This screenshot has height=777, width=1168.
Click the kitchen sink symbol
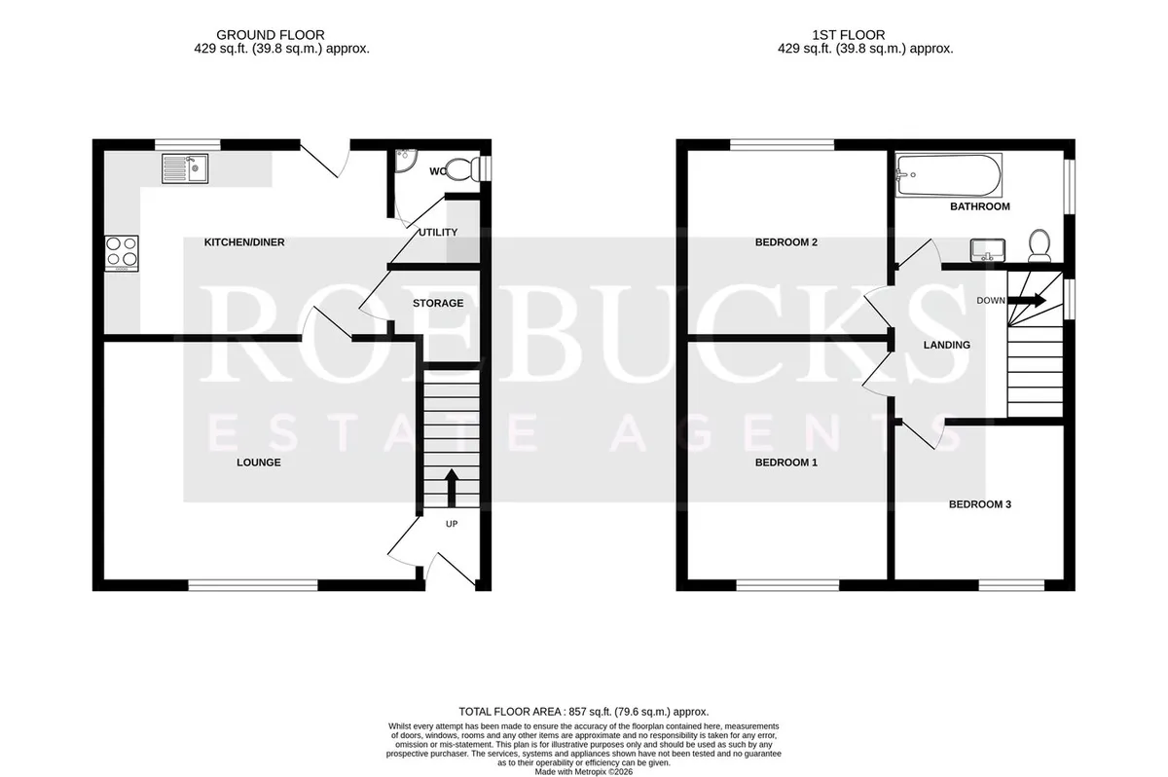pyautogui.click(x=185, y=168)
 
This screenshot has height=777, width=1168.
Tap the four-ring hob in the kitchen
pyautogui.click(x=122, y=253)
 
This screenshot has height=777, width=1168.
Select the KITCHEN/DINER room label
pyautogui.click(x=244, y=242)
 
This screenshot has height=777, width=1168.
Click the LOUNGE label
pyautogui.click(x=259, y=462)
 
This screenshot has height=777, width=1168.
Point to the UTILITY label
pyautogui.click(x=438, y=233)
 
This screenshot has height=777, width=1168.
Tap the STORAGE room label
pyautogui.click(x=438, y=304)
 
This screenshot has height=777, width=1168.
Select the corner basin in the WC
pyautogui.click(x=404, y=161)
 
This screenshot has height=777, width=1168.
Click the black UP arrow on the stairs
pyautogui.click(x=452, y=489)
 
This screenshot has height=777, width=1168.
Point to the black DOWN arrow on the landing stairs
pyautogui.click(x=1027, y=300)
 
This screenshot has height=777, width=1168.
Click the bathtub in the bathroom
pyautogui.click(x=948, y=175)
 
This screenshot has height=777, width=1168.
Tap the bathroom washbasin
pyautogui.click(x=988, y=250)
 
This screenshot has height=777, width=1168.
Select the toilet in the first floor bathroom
pyautogui.click(x=1040, y=245)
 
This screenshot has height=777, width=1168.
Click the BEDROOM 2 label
pyautogui.click(x=786, y=242)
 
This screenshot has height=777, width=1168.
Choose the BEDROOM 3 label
pyautogui.click(x=980, y=504)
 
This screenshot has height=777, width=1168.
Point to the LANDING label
pyautogui.click(x=947, y=346)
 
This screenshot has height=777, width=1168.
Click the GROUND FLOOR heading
pyautogui.click(x=271, y=35)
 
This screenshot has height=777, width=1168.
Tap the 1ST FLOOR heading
pyautogui.click(x=849, y=35)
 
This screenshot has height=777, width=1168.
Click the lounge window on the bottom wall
pyautogui.click(x=253, y=586)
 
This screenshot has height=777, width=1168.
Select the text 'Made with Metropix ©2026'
pyautogui.click(x=583, y=772)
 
